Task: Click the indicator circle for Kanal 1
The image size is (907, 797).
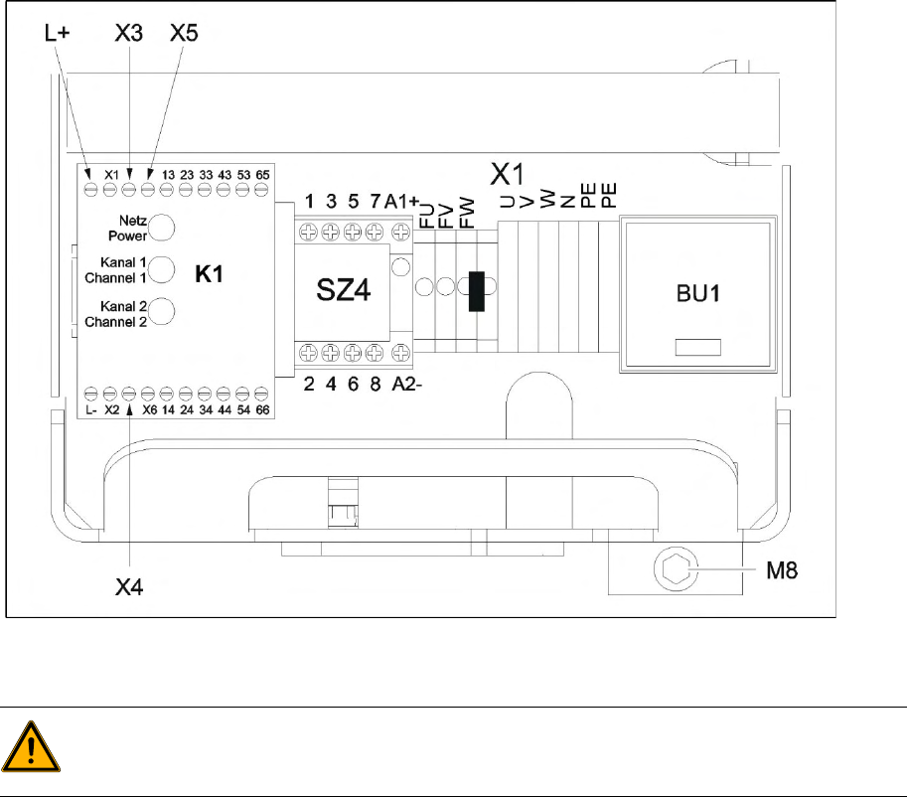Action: pyautogui.click(x=162, y=269)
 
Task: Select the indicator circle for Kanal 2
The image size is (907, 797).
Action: pyautogui.click(x=162, y=311)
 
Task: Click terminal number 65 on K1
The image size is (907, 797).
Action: pyautogui.click(x=263, y=174)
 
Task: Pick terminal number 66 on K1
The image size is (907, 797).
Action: pyautogui.click(x=263, y=408)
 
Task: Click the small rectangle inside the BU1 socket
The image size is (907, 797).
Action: pyautogui.click(x=697, y=348)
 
